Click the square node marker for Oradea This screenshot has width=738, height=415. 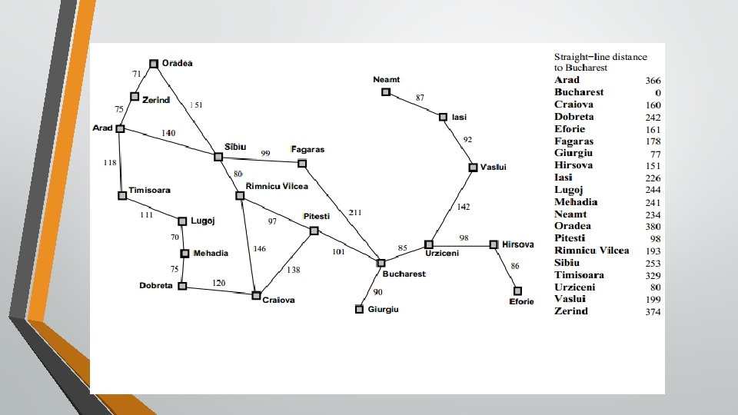click(154, 63)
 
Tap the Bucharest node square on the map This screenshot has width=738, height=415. click(381, 263)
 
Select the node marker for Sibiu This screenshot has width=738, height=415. click(218, 157)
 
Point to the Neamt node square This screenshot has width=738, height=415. click(386, 92)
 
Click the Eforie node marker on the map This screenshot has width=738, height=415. click(517, 291)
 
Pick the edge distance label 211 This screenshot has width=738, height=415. click(355, 212)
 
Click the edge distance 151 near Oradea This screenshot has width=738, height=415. click(196, 105)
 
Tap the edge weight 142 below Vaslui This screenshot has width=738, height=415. click(463, 207)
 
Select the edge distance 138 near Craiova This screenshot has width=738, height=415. click(293, 271)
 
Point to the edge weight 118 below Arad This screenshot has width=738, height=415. click(110, 162)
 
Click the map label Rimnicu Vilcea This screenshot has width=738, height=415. click(277, 186)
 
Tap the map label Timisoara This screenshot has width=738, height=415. click(150, 190)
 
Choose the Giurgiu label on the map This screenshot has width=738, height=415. click(383, 310)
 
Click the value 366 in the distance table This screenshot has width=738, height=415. click(653, 81)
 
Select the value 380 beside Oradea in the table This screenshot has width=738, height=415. click(653, 227)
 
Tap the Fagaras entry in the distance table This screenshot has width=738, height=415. click(574, 141)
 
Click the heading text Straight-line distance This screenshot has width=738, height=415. click(601, 57)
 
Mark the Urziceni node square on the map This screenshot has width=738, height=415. click(429, 244)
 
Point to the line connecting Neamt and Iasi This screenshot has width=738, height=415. click(414, 105)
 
